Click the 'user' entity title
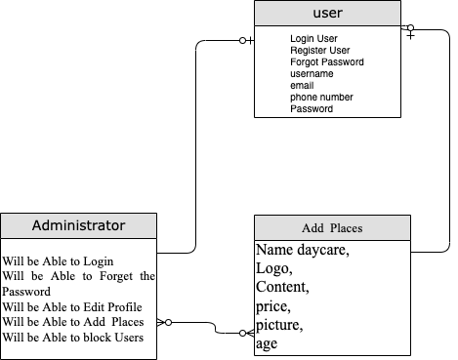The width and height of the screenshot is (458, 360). point(327,14)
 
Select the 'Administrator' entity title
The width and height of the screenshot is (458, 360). point(78,225)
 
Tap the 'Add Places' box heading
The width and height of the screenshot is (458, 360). point(332,228)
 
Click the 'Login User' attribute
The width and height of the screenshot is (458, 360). point(314,38)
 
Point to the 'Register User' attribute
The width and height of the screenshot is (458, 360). point(320,50)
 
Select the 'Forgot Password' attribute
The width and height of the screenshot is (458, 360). point(327,61)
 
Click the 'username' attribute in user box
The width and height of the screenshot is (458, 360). point(312,73)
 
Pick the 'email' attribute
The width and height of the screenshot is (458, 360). point(303,85)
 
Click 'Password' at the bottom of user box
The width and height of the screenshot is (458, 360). point(312,109)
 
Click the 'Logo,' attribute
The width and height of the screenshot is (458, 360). point(273,268)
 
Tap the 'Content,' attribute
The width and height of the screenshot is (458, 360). point(282,287)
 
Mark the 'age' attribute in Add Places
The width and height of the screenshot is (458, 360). point(268,343)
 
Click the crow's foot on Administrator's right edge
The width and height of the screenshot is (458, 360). point(166,321)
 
